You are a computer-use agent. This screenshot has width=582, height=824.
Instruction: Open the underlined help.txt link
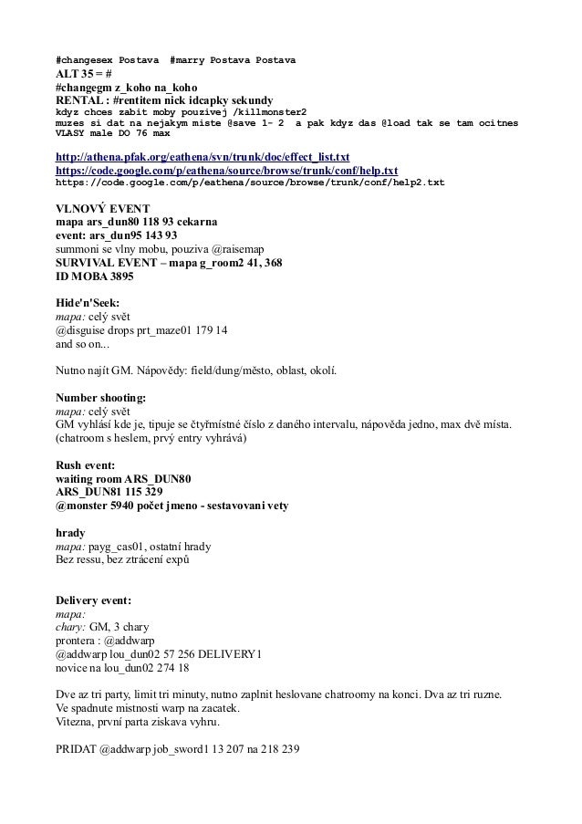click(x=227, y=170)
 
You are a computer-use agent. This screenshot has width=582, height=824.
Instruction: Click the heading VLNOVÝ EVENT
click(x=101, y=207)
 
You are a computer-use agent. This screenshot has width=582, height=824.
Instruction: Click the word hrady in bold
click(x=70, y=532)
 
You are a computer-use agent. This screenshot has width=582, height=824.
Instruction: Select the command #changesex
click(x=85, y=60)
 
